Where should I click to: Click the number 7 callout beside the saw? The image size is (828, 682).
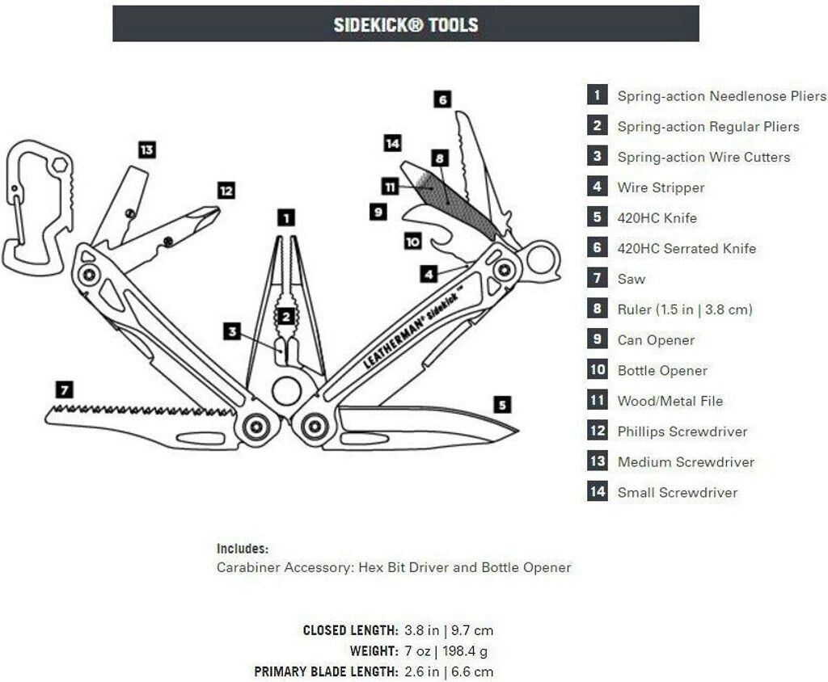(x=65, y=389)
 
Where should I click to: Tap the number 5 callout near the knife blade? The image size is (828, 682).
(x=502, y=404)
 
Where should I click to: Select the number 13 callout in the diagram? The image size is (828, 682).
(x=146, y=149)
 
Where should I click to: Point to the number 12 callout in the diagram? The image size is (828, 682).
(x=226, y=191)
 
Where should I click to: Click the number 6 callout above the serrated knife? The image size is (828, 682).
(x=441, y=99)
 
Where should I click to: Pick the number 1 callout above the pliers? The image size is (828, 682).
(x=285, y=217)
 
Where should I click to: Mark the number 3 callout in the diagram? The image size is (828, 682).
(x=233, y=331)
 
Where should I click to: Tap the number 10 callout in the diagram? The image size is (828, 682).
(x=412, y=241)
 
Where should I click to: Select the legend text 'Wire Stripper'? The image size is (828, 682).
(x=661, y=187)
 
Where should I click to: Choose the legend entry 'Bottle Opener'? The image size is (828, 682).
(x=662, y=371)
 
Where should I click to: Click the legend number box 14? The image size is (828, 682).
(x=598, y=491)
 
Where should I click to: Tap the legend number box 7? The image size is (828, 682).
(x=598, y=278)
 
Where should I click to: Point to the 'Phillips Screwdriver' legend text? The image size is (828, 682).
(x=682, y=432)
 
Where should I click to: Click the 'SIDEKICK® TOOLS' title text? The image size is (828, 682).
(x=406, y=24)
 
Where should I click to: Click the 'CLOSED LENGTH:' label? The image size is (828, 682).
(x=350, y=630)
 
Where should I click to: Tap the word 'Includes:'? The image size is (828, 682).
(x=243, y=549)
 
